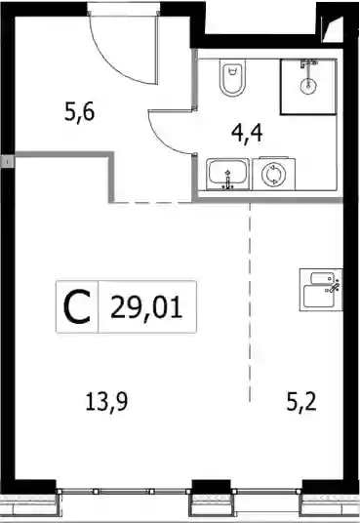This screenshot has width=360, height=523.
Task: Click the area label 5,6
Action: point(79,112)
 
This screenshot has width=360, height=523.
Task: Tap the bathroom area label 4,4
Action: point(247,133)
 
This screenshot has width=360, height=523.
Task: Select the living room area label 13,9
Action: point(106,402)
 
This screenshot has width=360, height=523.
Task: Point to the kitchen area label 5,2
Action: point(301,402)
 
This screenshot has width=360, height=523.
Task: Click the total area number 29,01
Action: point(146,307)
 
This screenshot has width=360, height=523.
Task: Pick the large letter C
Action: point(77,306)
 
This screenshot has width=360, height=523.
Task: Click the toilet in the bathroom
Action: point(232,77)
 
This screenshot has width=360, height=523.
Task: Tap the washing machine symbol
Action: point(274,174)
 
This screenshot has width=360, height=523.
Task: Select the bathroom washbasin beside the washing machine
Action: point(228,175)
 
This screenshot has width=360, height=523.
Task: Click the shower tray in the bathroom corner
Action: point(308,87)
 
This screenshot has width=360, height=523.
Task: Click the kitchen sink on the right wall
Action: point(321,290)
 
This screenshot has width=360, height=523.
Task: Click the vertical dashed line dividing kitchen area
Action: point(250,302)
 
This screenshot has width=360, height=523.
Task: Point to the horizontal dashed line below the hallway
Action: point(152,202)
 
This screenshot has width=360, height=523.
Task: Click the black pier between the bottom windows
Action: point(211,487)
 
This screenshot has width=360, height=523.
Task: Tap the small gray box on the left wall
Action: point(8,162)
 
